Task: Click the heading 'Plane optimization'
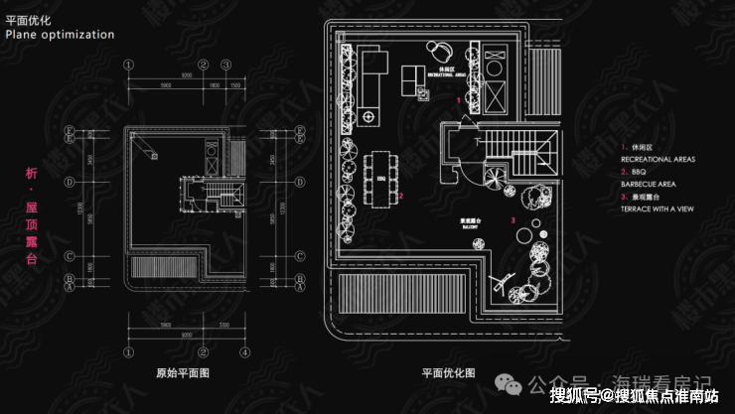point(60,34)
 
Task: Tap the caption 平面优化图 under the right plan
point(448,374)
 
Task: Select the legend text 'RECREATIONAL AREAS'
point(658,158)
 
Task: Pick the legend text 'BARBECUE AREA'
point(650,184)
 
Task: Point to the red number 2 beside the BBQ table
point(400,197)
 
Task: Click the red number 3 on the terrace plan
point(513,218)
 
